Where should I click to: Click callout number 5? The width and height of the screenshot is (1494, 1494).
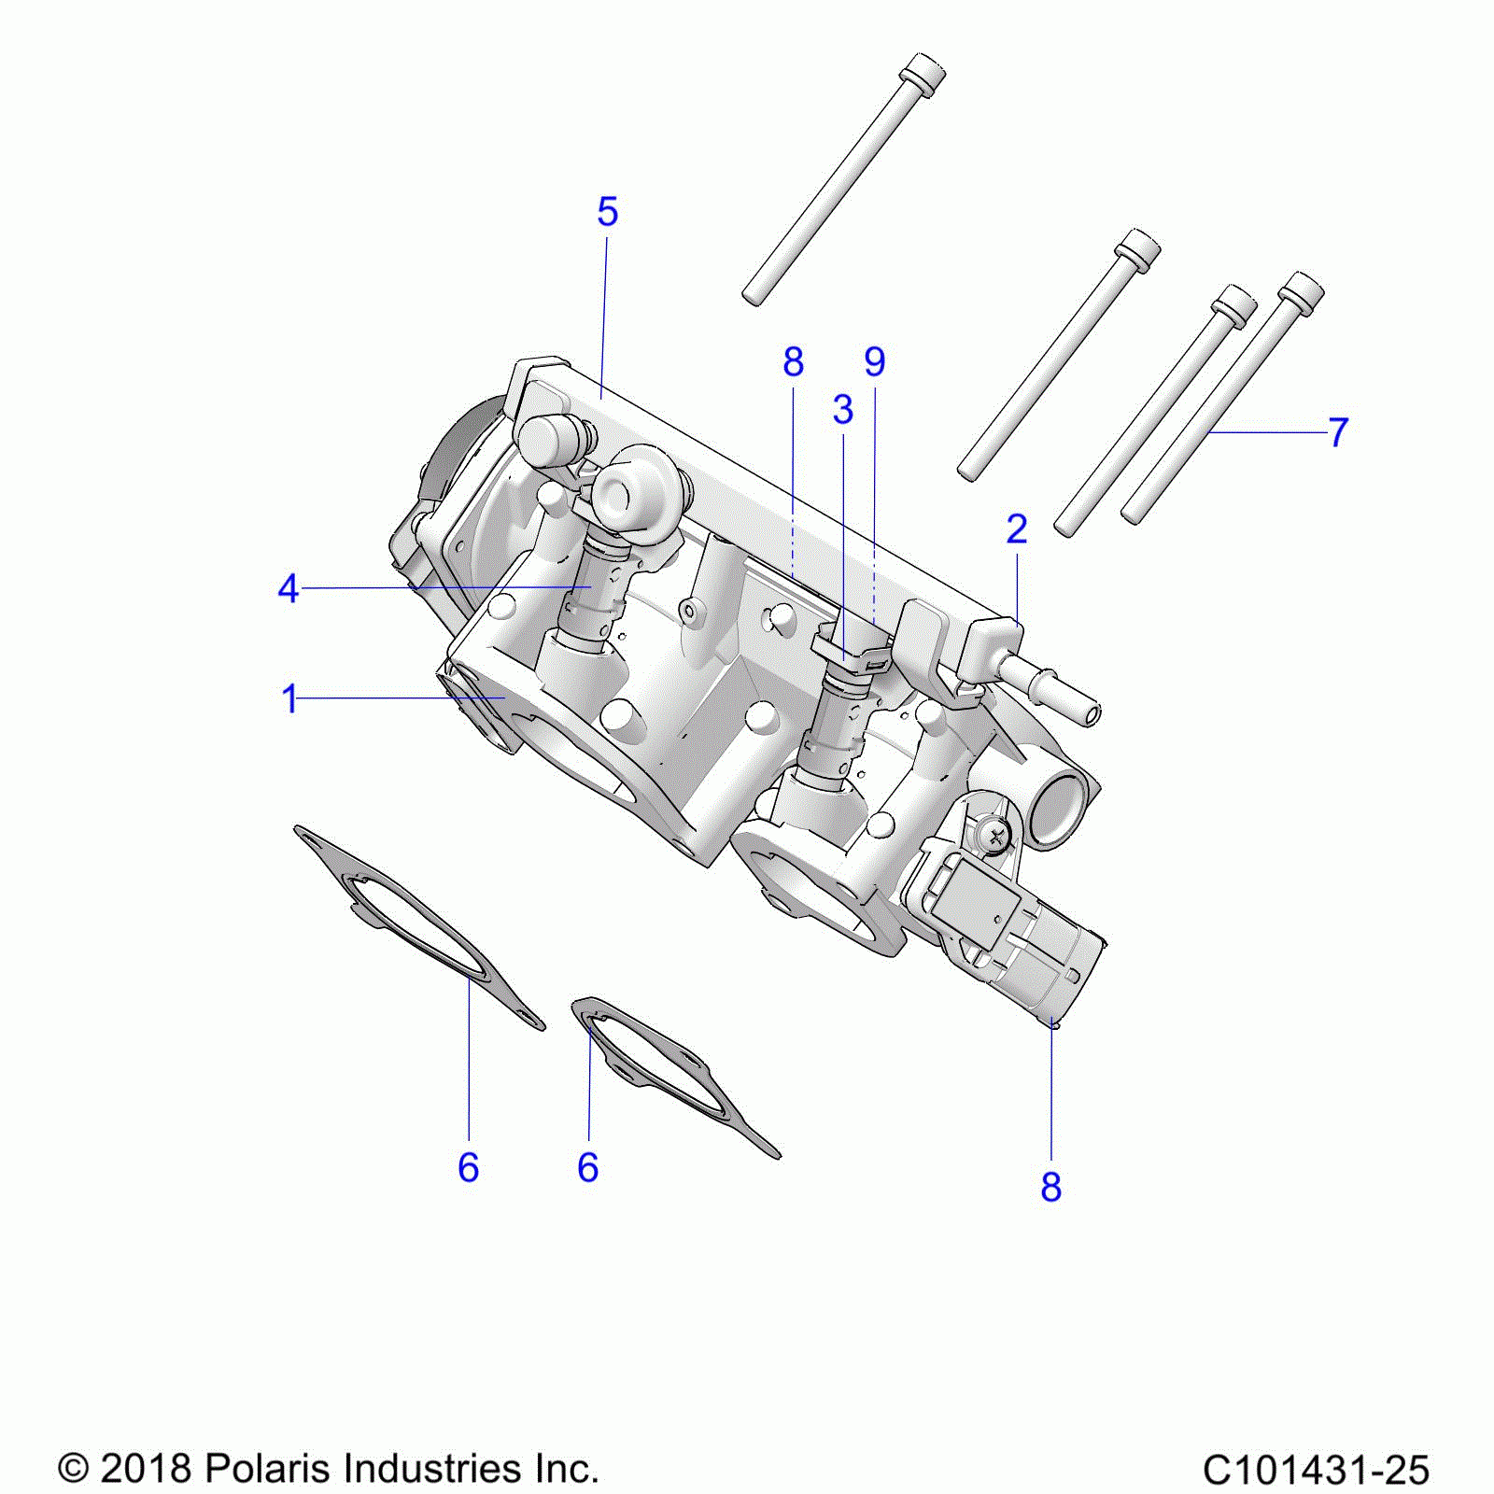(x=607, y=213)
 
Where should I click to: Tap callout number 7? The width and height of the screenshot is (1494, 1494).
(x=1338, y=432)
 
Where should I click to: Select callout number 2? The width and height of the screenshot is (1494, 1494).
(x=1017, y=529)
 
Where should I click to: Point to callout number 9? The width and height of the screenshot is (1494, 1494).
(x=874, y=361)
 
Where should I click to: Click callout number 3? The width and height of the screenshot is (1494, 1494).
(x=843, y=409)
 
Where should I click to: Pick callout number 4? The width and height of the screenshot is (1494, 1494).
(x=289, y=589)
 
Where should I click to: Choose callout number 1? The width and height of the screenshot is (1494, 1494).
(x=289, y=698)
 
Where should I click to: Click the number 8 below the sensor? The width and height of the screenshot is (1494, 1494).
(x=1051, y=1188)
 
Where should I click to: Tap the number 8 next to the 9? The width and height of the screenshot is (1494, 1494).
(x=793, y=361)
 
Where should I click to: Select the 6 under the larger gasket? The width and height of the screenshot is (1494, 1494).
(x=468, y=1168)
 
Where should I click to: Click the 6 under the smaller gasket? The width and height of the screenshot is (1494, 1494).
(x=587, y=1168)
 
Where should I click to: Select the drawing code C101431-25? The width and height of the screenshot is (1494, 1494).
(x=1316, y=1470)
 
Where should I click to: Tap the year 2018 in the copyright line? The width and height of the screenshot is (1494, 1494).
(x=146, y=1469)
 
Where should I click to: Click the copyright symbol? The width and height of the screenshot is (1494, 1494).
(x=73, y=1469)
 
